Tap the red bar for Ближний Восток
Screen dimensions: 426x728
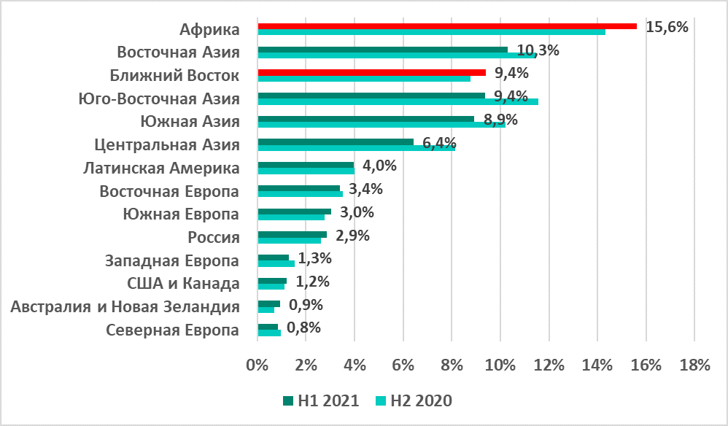(371, 72)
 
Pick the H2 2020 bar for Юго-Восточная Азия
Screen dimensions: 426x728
(398, 101)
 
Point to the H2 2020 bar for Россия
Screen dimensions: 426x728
(289, 241)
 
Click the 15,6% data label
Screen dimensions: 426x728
(667, 27)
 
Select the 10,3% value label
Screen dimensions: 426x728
(538, 50)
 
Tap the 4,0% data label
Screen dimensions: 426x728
(379, 166)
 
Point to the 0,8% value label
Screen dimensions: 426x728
(304, 328)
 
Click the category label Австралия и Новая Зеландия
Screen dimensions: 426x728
(125, 307)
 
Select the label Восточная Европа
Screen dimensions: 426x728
(169, 192)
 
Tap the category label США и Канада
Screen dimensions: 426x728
(183, 284)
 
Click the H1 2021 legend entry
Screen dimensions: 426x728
(320, 400)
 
